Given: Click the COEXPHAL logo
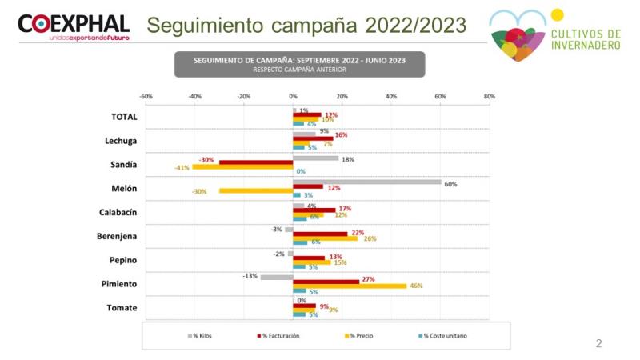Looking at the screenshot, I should click(x=74, y=26).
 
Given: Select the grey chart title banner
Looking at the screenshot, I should click(x=299, y=64).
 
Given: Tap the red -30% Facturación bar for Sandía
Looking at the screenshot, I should click(x=256, y=162).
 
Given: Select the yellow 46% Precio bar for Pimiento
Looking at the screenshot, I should click(x=350, y=286).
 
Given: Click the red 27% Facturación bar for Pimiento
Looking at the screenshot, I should click(x=326, y=281).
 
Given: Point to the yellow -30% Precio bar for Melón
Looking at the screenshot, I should click(x=256, y=190).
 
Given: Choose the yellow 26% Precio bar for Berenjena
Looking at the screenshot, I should click(x=325, y=238).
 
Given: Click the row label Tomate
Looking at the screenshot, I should click(x=122, y=308).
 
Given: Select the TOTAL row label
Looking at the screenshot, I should click(x=124, y=117).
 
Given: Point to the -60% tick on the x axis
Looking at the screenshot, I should click(x=146, y=96).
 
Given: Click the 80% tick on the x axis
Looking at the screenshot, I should click(x=490, y=96).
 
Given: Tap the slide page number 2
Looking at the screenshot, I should click(x=598, y=344).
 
